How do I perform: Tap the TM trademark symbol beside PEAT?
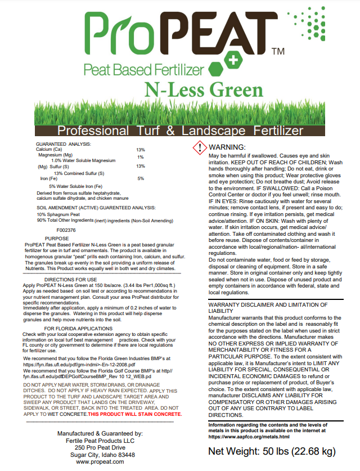pos(277,52)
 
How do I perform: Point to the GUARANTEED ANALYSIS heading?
pos(62,144)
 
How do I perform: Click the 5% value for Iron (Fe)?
pos(141,178)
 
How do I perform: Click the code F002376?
pos(66,230)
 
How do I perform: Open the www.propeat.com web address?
pos(100,461)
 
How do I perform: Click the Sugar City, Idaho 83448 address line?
pos(100,454)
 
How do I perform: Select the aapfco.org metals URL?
pos(249,436)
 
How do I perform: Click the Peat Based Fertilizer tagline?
pos(142,70)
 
